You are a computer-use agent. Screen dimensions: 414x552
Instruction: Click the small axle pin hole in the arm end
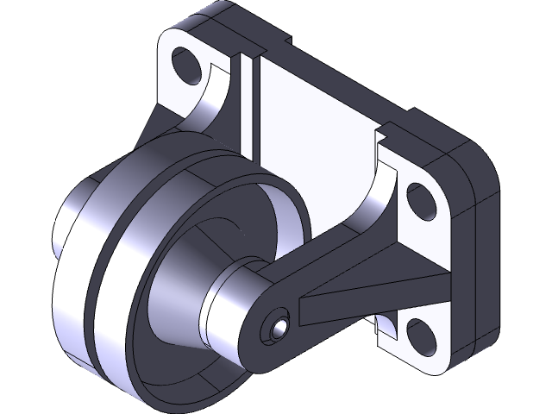(x=275, y=329)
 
